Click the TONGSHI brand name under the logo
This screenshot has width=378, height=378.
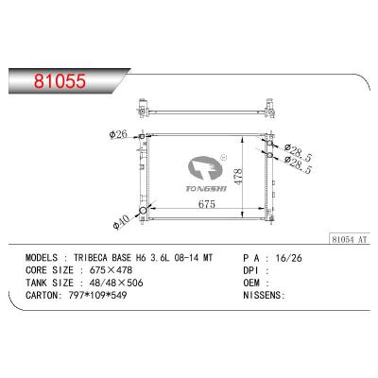[x=191, y=188]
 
